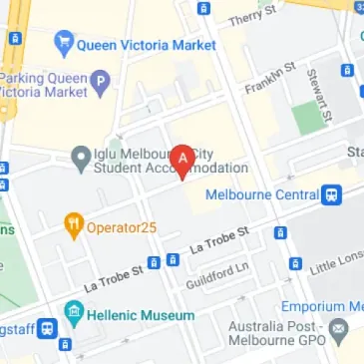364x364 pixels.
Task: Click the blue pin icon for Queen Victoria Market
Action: [x=63, y=43]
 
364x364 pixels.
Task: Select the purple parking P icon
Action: [x=100, y=80]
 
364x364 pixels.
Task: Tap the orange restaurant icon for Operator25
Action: [x=73, y=225]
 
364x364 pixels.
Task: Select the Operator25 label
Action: [x=123, y=226]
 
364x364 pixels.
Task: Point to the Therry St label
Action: [x=251, y=16]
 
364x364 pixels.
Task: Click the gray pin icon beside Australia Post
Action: [x=340, y=326]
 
